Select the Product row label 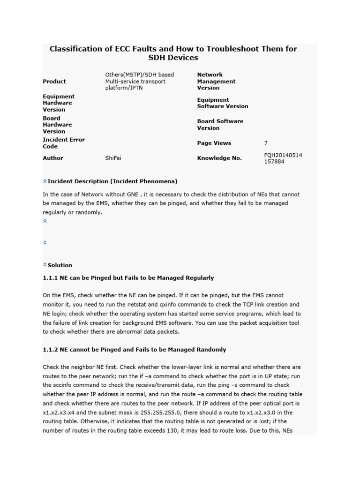tap(54, 81)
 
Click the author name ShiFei tap(113, 158)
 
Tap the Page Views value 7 tap(266, 143)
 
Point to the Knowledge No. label tap(219, 158)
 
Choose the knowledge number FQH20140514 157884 tap(283, 158)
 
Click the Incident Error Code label tap(64, 143)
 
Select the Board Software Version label tap(220, 124)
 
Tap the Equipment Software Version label tap(223, 103)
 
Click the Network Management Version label tap(216, 81)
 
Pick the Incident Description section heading tap(112, 181)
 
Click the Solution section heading tap(60, 265)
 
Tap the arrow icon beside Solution tap(45, 265)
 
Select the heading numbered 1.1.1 tap(128, 277)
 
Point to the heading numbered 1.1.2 tap(134, 349)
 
